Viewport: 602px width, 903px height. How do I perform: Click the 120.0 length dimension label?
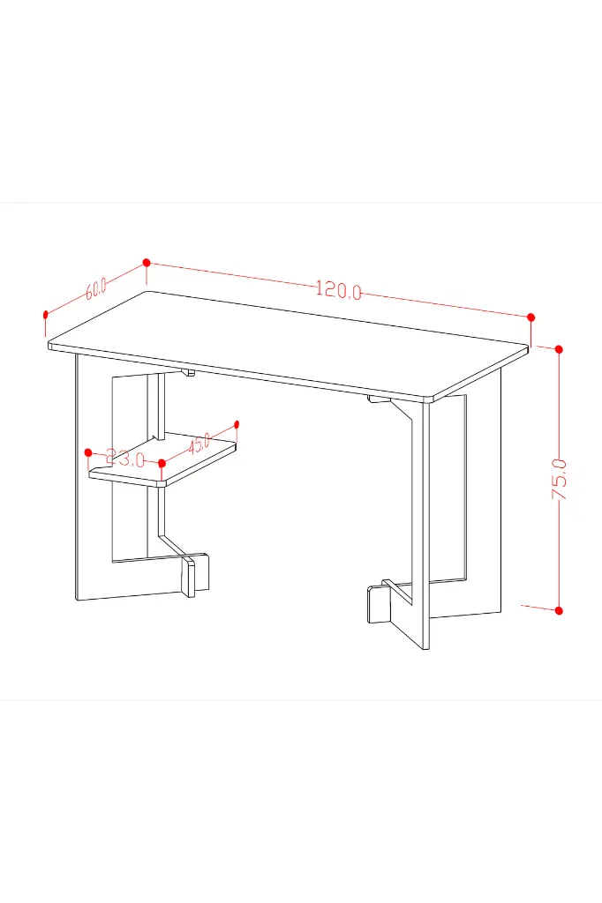tap(339, 289)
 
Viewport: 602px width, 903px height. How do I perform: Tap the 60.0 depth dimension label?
tap(95, 288)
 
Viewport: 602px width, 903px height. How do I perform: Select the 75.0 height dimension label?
tap(559, 479)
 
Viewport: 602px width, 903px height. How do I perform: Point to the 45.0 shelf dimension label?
tap(199, 443)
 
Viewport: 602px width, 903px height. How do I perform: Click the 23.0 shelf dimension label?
tap(125, 459)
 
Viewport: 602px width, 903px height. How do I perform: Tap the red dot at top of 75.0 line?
tap(558, 349)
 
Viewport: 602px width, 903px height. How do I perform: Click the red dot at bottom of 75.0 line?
tap(558, 610)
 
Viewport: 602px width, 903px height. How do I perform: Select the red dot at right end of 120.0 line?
tap(531, 317)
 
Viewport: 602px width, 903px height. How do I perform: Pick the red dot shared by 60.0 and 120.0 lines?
tap(147, 263)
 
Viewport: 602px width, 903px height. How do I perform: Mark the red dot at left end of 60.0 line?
tap(46, 315)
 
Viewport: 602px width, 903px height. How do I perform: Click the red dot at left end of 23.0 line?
tap(88, 452)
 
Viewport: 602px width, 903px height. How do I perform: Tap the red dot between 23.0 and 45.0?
tap(162, 463)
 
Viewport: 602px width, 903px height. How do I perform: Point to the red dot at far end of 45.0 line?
tap(237, 424)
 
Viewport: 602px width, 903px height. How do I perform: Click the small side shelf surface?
tap(163, 461)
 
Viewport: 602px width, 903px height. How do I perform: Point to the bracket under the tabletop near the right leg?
tap(379, 399)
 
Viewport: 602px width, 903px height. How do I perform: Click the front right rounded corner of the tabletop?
tap(433, 398)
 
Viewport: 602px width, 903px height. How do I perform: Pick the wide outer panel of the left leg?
tap(94, 478)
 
